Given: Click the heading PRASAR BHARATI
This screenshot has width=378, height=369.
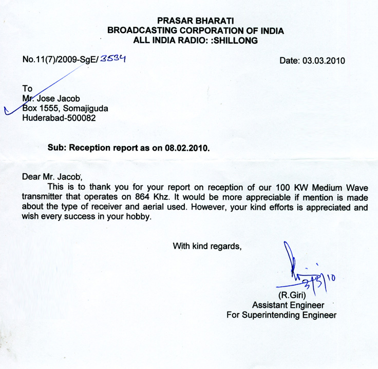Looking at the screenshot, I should pyautogui.click(x=195, y=21).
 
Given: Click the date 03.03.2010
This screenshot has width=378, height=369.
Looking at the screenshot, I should pyautogui.click(x=312, y=60).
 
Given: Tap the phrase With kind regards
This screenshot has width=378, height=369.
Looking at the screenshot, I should pyautogui.click(x=207, y=245).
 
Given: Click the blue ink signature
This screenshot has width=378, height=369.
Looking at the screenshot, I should pyautogui.click(x=297, y=271).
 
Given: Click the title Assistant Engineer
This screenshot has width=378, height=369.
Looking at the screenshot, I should pyautogui.click(x=285, y=304).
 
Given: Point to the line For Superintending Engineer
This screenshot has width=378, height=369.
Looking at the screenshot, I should pyautogui.click(x=281, y=315).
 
